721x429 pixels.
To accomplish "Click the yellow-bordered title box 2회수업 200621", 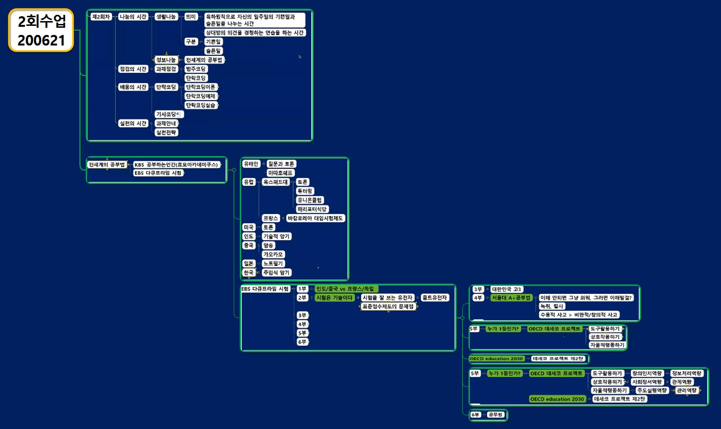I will [41, 30].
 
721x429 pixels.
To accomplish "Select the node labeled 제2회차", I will [101, 17].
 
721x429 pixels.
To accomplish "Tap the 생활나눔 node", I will [166, 17].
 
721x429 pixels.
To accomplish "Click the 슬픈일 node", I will [213, 51].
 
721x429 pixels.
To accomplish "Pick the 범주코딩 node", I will [196, 69].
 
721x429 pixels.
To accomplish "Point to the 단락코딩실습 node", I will [200, 105].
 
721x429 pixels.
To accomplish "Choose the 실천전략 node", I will [166, 133].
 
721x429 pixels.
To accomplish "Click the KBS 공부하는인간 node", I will [177, 165].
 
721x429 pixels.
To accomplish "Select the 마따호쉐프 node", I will [281, 173].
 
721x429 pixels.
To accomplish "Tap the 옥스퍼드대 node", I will [276, 182].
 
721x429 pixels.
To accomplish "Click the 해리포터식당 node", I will [312, 209].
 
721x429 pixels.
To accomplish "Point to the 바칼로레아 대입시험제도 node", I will [315, 218].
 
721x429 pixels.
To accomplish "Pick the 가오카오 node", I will [273, 255].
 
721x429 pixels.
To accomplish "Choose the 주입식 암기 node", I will [277, 273].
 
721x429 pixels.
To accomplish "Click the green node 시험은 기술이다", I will [334, 298].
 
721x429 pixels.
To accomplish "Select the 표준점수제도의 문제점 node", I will [388, 306].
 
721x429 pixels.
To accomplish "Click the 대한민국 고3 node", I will [507, 289].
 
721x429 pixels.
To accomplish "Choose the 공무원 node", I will [496, 415].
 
